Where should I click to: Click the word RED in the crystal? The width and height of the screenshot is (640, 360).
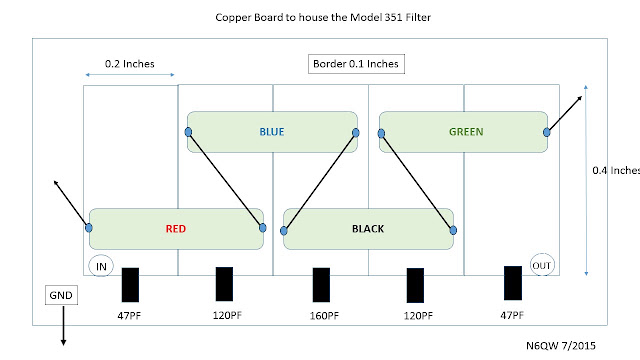pos(176,229)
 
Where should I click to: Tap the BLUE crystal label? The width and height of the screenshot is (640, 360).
pos(272,132)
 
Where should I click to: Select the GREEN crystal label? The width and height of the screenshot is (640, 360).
pos(466,132)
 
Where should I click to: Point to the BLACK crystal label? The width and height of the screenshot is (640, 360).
pos(368,229)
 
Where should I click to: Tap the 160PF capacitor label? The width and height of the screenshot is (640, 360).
pos(324,316)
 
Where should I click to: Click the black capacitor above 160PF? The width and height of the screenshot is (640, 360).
pos(321,285)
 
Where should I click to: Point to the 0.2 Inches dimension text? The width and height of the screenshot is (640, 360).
pos(129,64)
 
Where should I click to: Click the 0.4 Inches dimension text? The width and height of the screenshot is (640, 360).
pos(616,170)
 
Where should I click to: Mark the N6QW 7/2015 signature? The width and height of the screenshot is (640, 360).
pos(561,346)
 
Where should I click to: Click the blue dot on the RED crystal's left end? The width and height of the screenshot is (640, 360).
pos(89,228)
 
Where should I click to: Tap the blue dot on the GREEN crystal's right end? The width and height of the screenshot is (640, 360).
pos(547,132)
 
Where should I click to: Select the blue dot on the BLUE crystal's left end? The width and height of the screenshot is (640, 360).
pos(188,132)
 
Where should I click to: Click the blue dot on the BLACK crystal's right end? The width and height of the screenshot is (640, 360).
pos(453,231)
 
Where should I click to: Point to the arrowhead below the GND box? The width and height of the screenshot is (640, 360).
pos(63,342)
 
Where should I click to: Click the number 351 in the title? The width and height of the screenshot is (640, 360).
pos(393,18)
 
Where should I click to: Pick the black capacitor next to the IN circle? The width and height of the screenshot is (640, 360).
pos(130,285)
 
